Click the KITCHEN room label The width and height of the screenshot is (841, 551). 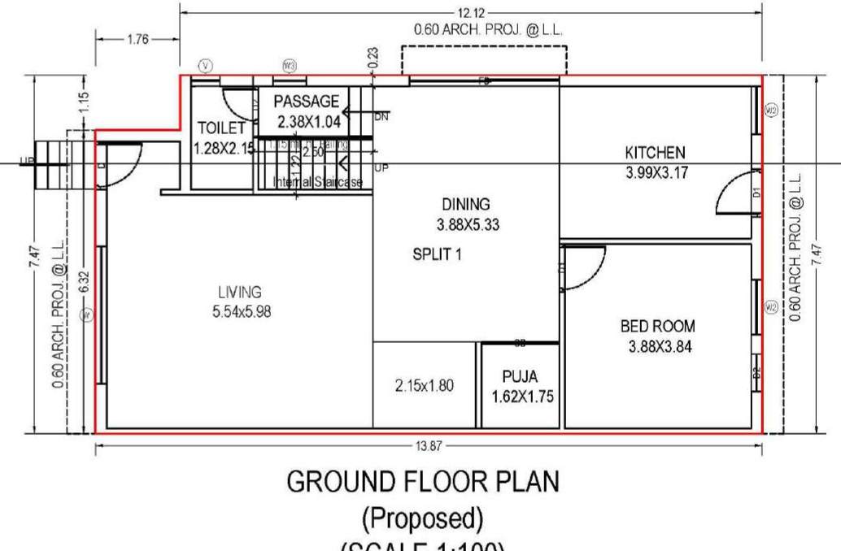655,152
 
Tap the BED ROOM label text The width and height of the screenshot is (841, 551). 657,327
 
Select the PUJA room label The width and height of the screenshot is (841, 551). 520,377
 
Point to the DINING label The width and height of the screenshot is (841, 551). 466,205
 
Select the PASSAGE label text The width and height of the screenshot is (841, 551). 306,102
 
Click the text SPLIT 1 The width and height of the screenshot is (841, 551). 437,254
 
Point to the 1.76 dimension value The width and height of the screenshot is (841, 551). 138,38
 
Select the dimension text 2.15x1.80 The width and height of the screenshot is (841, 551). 423,386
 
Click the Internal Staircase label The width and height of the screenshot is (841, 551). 317,183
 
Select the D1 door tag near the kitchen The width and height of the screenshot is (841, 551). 756,194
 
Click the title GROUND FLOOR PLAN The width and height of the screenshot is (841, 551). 423,482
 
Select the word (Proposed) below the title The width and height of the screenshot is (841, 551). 423,517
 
